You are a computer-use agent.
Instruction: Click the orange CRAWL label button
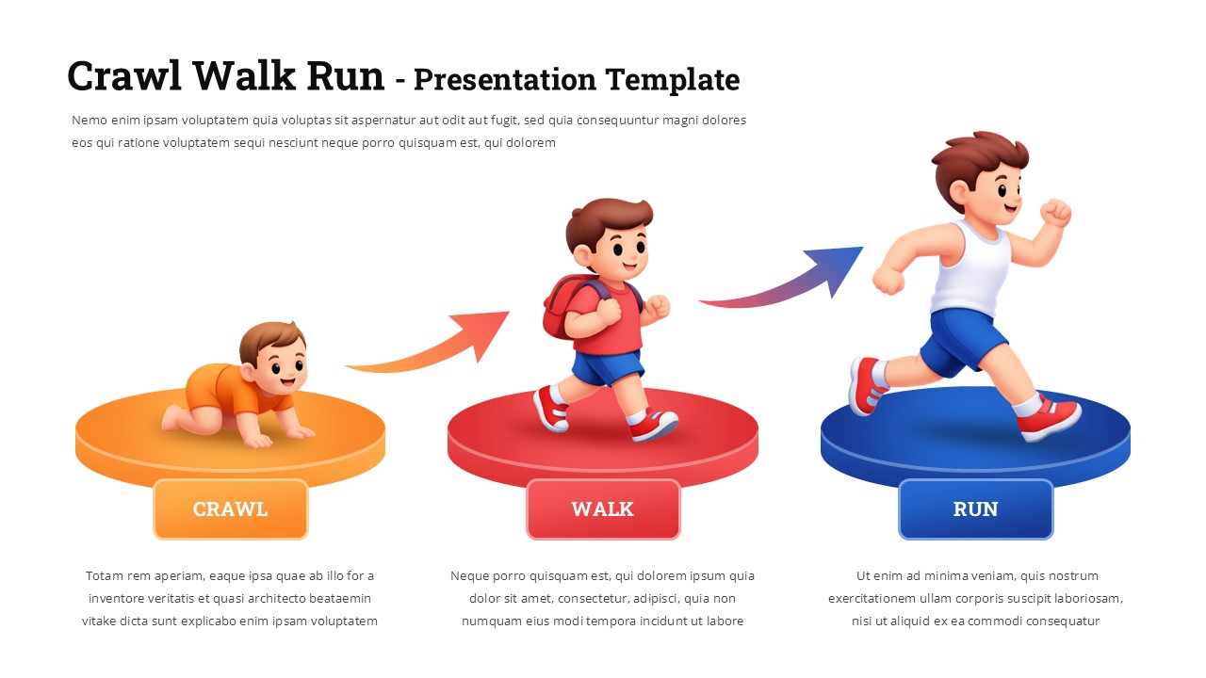click(231, 509)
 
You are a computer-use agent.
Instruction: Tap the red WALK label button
click(603, 509)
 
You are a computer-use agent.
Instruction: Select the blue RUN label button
click(975, 509)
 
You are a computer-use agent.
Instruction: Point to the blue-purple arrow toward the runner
click(791, 287)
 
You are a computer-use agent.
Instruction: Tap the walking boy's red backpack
click(561, 306)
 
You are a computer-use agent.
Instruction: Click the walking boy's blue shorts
click(608, 364)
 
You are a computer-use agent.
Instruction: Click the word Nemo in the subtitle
click(90, 121)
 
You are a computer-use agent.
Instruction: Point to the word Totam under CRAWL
click(103, 576)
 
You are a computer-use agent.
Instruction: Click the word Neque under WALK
click(470, 576)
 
